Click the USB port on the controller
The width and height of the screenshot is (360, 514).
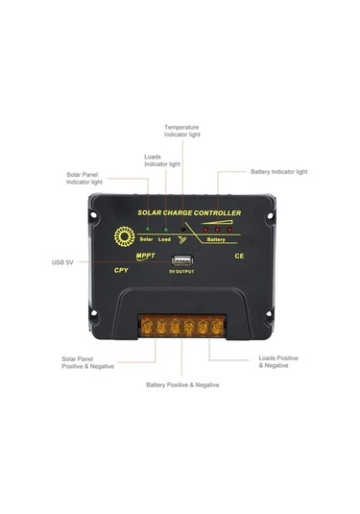coord(180,260)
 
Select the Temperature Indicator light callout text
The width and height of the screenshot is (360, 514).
coord(181,131)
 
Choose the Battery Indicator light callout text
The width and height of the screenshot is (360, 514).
coord(278,172)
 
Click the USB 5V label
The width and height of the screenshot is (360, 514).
coord(64,262)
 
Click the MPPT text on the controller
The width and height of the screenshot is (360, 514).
coord(146,256)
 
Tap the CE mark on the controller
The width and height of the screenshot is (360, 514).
coord(239,257)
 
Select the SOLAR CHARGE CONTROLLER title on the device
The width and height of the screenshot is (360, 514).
coord(189,213)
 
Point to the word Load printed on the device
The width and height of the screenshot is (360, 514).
coord(166,238)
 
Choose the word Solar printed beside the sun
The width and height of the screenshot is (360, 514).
coord(147,238)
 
